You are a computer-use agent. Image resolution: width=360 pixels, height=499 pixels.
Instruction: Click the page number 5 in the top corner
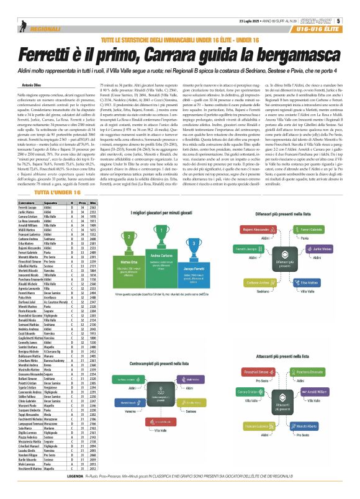pyautogui.click(x=353, y=6)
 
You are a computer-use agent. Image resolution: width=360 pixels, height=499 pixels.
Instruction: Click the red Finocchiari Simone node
pyautogui.click(x=253, y=372)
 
